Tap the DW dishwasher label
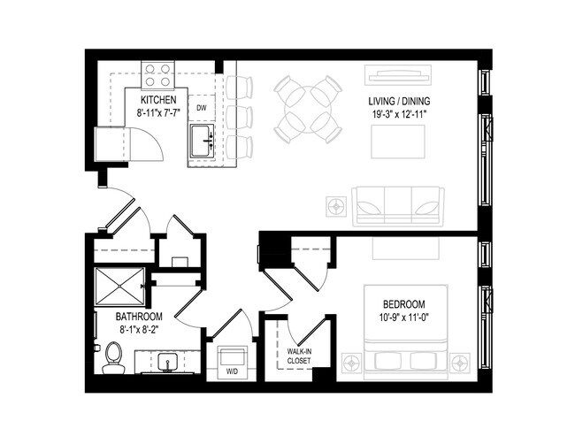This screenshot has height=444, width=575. point(202,108)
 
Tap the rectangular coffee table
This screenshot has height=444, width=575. point(397,142)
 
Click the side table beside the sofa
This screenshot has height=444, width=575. point(336,206)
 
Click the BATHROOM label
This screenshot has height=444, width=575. point(139,316)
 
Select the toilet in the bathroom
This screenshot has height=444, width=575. point(112,358)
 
